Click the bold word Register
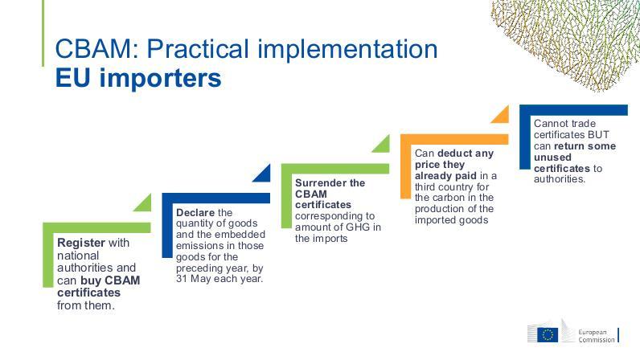coord(81,243)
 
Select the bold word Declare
coord(195,213)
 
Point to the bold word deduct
coord(452,153)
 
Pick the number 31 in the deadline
coord(182,279)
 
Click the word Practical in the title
coord(198,48)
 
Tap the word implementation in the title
coord(348,49)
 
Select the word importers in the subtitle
coord(161,79)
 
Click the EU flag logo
coord(548,335)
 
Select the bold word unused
coord(552,157)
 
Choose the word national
coord(78,256)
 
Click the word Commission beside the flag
coord(597,340)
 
